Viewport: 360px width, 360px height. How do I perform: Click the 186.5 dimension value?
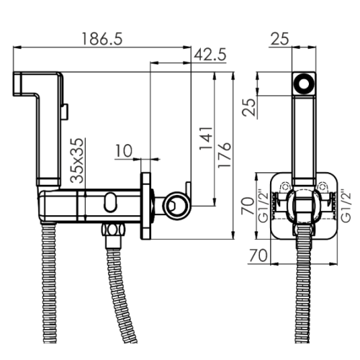(x=102, y=38)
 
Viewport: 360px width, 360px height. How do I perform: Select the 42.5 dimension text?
(x=210, y=55)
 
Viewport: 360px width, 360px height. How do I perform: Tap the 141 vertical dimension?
(x=206, y=138)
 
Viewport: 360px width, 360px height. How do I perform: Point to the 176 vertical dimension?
(x=224, y=155)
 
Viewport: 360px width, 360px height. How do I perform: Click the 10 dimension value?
(x=124, y=151)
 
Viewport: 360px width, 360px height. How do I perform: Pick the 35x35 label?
(x=78, y=161)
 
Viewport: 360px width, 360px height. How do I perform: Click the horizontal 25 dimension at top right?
(x=280, y=39)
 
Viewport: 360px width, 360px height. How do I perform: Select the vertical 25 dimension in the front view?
(x=249, y=107)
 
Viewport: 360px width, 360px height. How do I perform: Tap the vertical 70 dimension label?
(x=248, y=206)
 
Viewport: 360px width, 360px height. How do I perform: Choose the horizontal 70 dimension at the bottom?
(x=258, y=256)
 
